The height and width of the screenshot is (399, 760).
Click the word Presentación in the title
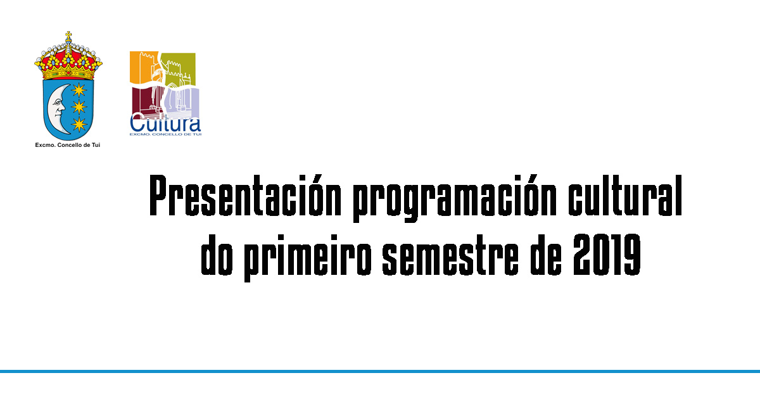coord(245,196)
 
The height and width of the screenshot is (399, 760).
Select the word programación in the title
coord(455,199)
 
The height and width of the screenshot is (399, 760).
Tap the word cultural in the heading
coord(625,196)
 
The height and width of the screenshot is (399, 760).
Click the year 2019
coord(607,255)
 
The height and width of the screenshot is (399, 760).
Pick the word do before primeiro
coord(217,255)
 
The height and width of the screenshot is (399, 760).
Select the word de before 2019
coord(546,255)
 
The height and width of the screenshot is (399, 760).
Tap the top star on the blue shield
coord(79,90)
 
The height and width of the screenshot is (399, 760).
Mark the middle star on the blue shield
coord(79,107)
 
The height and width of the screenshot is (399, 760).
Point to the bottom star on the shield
coord(79,125)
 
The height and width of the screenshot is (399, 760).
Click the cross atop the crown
coord(68,35)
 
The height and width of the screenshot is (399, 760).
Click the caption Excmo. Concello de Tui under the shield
coord(68,145)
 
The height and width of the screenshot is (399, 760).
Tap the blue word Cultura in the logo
coord(165,124)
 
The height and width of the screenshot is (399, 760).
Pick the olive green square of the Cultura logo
coord(179,68)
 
